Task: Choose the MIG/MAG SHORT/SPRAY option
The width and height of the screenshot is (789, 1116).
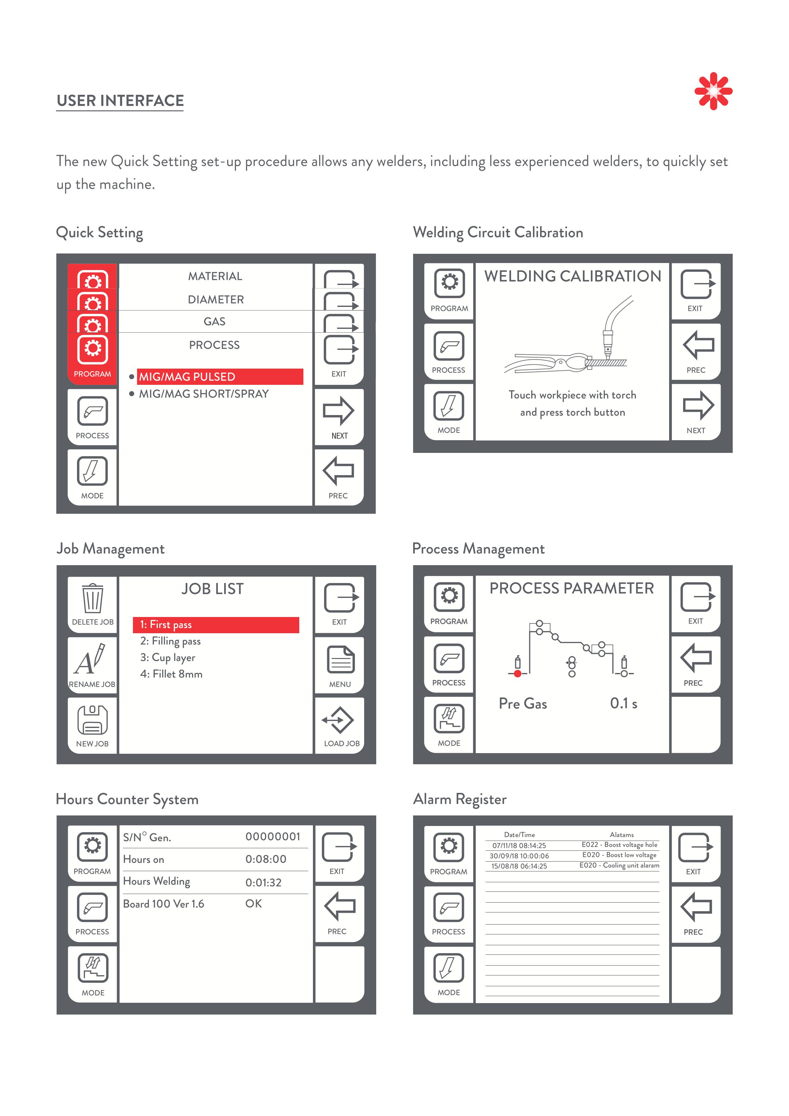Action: coord(204,394)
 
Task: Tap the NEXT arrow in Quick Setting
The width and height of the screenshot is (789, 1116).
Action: coord(339,416)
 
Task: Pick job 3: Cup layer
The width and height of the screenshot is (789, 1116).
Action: coord(168,658)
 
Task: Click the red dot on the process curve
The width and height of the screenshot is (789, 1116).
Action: coord(518,674)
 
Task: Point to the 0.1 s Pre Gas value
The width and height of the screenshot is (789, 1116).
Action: coord(623,703)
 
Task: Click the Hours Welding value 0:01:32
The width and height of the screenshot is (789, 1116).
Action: coord(263,883)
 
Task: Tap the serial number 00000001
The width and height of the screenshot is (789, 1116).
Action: coord(273,836)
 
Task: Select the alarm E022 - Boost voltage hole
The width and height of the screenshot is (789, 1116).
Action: coord(619,845)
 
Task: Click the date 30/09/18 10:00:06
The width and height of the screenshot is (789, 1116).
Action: coord(519,856)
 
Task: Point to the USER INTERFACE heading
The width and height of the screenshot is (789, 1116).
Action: coord(120,101)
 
